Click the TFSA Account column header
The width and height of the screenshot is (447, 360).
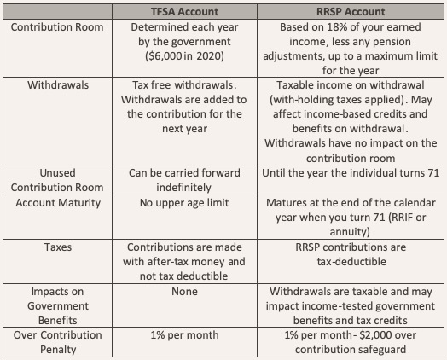[184, 12]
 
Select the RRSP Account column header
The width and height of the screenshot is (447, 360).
[351, 12]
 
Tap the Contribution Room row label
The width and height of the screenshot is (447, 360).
[57, 27]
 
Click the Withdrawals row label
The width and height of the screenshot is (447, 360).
[58, 85]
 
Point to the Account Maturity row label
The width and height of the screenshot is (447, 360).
[58, 203]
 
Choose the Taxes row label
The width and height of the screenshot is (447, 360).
[58, 247]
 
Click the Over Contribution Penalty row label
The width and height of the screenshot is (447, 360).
[58, 342]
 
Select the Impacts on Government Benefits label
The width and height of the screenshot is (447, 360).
[58, 306]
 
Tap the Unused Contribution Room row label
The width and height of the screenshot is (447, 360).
[57, 180]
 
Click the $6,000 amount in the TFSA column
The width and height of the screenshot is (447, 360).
[164, 56]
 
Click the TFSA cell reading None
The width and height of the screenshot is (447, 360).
[184, 292]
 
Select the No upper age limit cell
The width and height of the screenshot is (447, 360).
[184, 203]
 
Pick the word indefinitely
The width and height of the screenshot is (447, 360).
[184, 188]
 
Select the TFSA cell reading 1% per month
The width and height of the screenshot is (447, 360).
[184, 335]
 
